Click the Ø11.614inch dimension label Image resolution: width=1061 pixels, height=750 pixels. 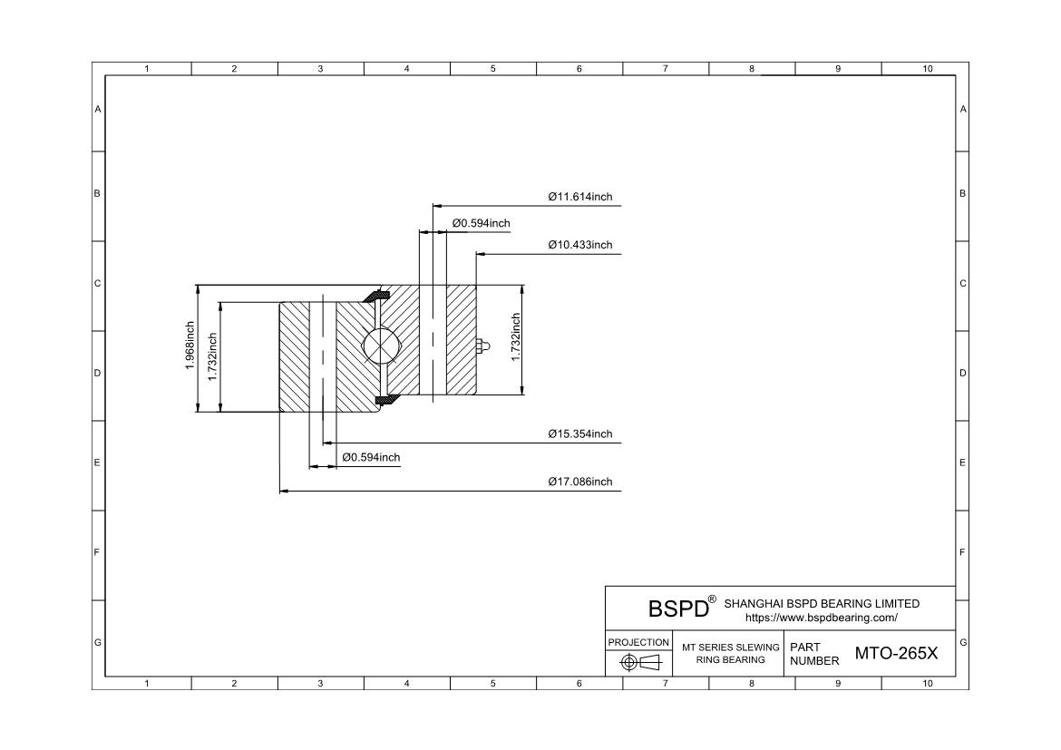click(x=579, y=197)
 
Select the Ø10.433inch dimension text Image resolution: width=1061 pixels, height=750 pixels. click(x=579, y=245)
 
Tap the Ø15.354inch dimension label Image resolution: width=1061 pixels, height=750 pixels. click(x=579, y=433)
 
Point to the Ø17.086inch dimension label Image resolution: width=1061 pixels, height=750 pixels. click(x=579, y=482)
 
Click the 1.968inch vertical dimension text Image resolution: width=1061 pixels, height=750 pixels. click(x=190, y=346)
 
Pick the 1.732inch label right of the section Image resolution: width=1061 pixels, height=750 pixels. click(x=516, y=337)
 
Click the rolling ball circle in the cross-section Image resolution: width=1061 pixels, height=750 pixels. click(x=381, y=346)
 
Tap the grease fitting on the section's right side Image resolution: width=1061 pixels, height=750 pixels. click(x=481, y=346)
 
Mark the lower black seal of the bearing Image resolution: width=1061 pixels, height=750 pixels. click(x=383, y=399)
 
